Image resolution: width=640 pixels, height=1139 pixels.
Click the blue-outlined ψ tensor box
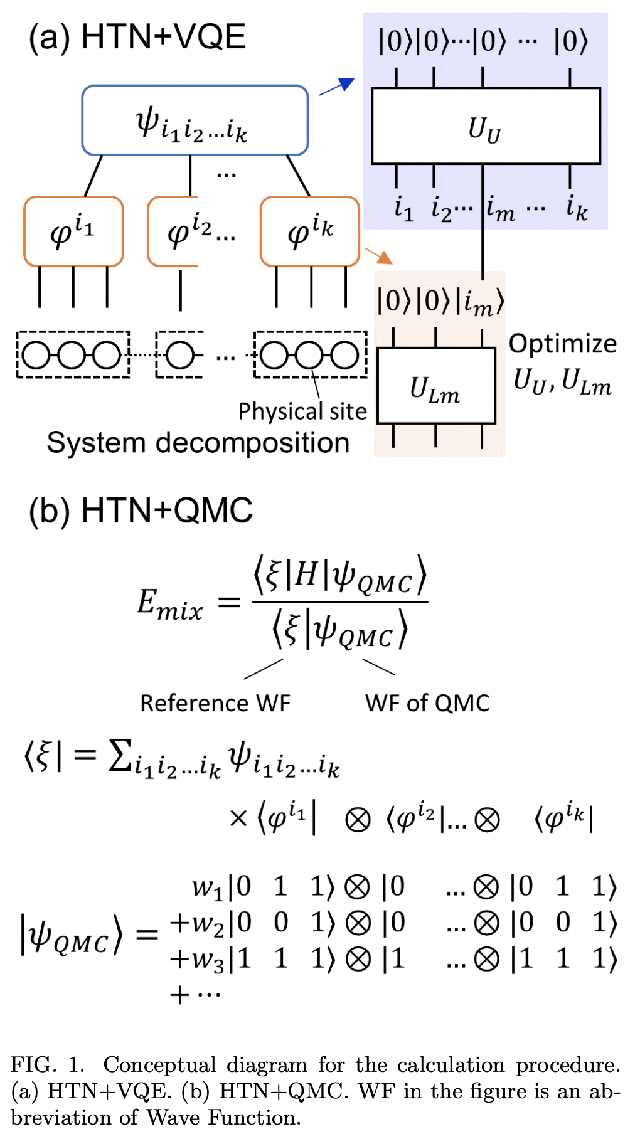point(195,120)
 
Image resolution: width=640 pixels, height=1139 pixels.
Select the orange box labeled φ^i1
point(73,231)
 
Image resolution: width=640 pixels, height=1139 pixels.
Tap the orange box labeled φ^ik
point(310,231)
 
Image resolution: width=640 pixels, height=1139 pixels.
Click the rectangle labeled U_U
point(486,126)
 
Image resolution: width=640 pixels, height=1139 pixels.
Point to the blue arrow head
point(346,83)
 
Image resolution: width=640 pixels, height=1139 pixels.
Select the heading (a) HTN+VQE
point(137,37)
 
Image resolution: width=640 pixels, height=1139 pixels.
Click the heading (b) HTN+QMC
point(141,510)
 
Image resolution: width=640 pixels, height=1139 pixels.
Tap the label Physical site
point(302,411)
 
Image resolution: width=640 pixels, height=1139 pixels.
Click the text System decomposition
point(198,443)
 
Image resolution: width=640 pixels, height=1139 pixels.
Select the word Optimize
point(562,344)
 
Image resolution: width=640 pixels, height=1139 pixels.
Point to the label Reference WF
point(215,703)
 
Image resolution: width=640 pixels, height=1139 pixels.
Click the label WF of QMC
point(427,703)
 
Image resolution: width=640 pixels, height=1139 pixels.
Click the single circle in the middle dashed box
point(180,356)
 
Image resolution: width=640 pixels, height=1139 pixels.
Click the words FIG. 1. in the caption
point(48,1065)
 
